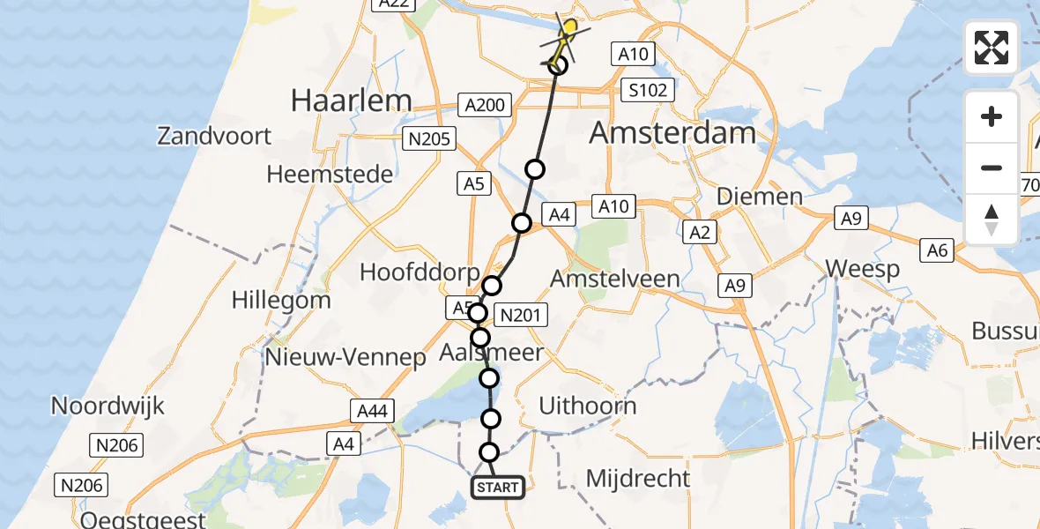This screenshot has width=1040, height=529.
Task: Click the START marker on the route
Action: (499, 488)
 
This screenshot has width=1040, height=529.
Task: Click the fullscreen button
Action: (992, 48)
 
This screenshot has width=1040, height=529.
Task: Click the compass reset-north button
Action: (992, 220)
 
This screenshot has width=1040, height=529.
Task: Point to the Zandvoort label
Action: (214, 136)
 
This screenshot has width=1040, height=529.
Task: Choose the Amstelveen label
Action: (614, 279)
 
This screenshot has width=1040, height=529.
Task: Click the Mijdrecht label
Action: (638, 479)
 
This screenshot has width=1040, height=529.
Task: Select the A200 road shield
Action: (484, 106)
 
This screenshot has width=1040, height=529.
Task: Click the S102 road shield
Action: (648, 90)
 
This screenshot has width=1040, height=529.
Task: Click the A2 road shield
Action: (702, 233)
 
